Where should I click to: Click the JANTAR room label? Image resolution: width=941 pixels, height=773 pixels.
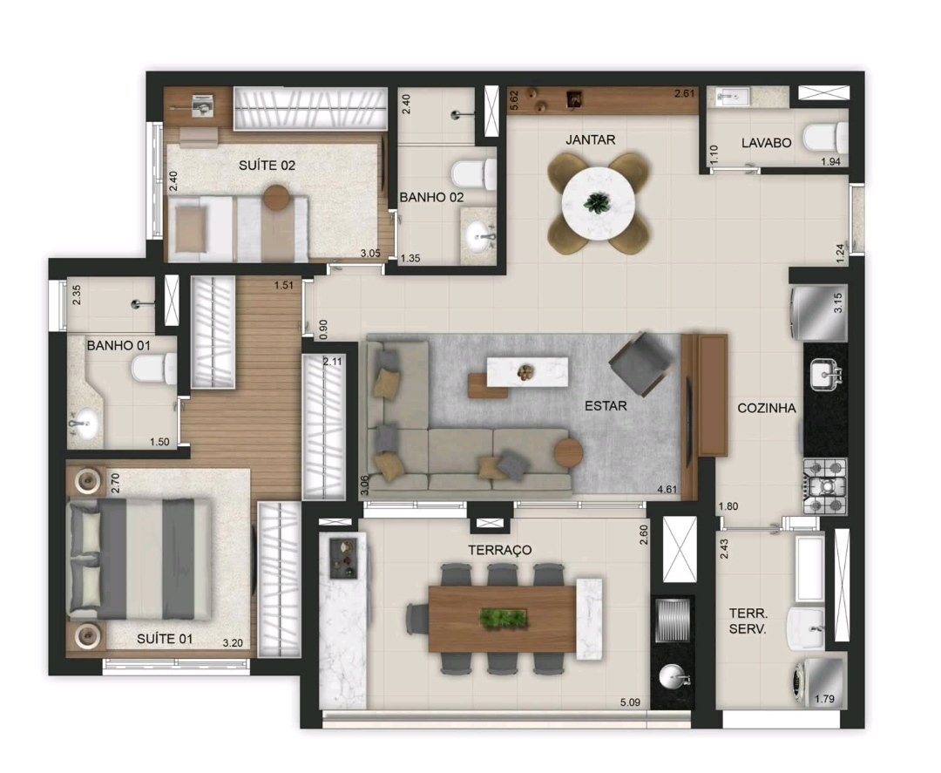pos(590,139)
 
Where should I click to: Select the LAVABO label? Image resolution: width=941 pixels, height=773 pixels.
pos(766,143)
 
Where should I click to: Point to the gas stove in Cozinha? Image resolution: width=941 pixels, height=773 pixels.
pos(825,486)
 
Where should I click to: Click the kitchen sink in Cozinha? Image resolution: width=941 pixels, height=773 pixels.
pos(826,373)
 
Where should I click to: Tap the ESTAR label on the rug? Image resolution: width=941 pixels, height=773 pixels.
pos(606,406)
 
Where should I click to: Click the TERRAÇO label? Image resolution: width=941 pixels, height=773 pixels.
pos(500,550)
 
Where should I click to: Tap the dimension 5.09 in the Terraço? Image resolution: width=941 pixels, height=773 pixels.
pos(630,702)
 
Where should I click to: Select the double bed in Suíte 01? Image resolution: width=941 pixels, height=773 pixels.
pos(140,559)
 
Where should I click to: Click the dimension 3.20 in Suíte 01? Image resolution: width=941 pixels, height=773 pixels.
pos(233,643)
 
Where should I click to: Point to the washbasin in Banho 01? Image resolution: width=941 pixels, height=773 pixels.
pos(84,424)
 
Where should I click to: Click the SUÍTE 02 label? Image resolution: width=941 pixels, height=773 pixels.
pos(267,165)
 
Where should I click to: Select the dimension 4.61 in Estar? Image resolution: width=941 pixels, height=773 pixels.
pos(667,489)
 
